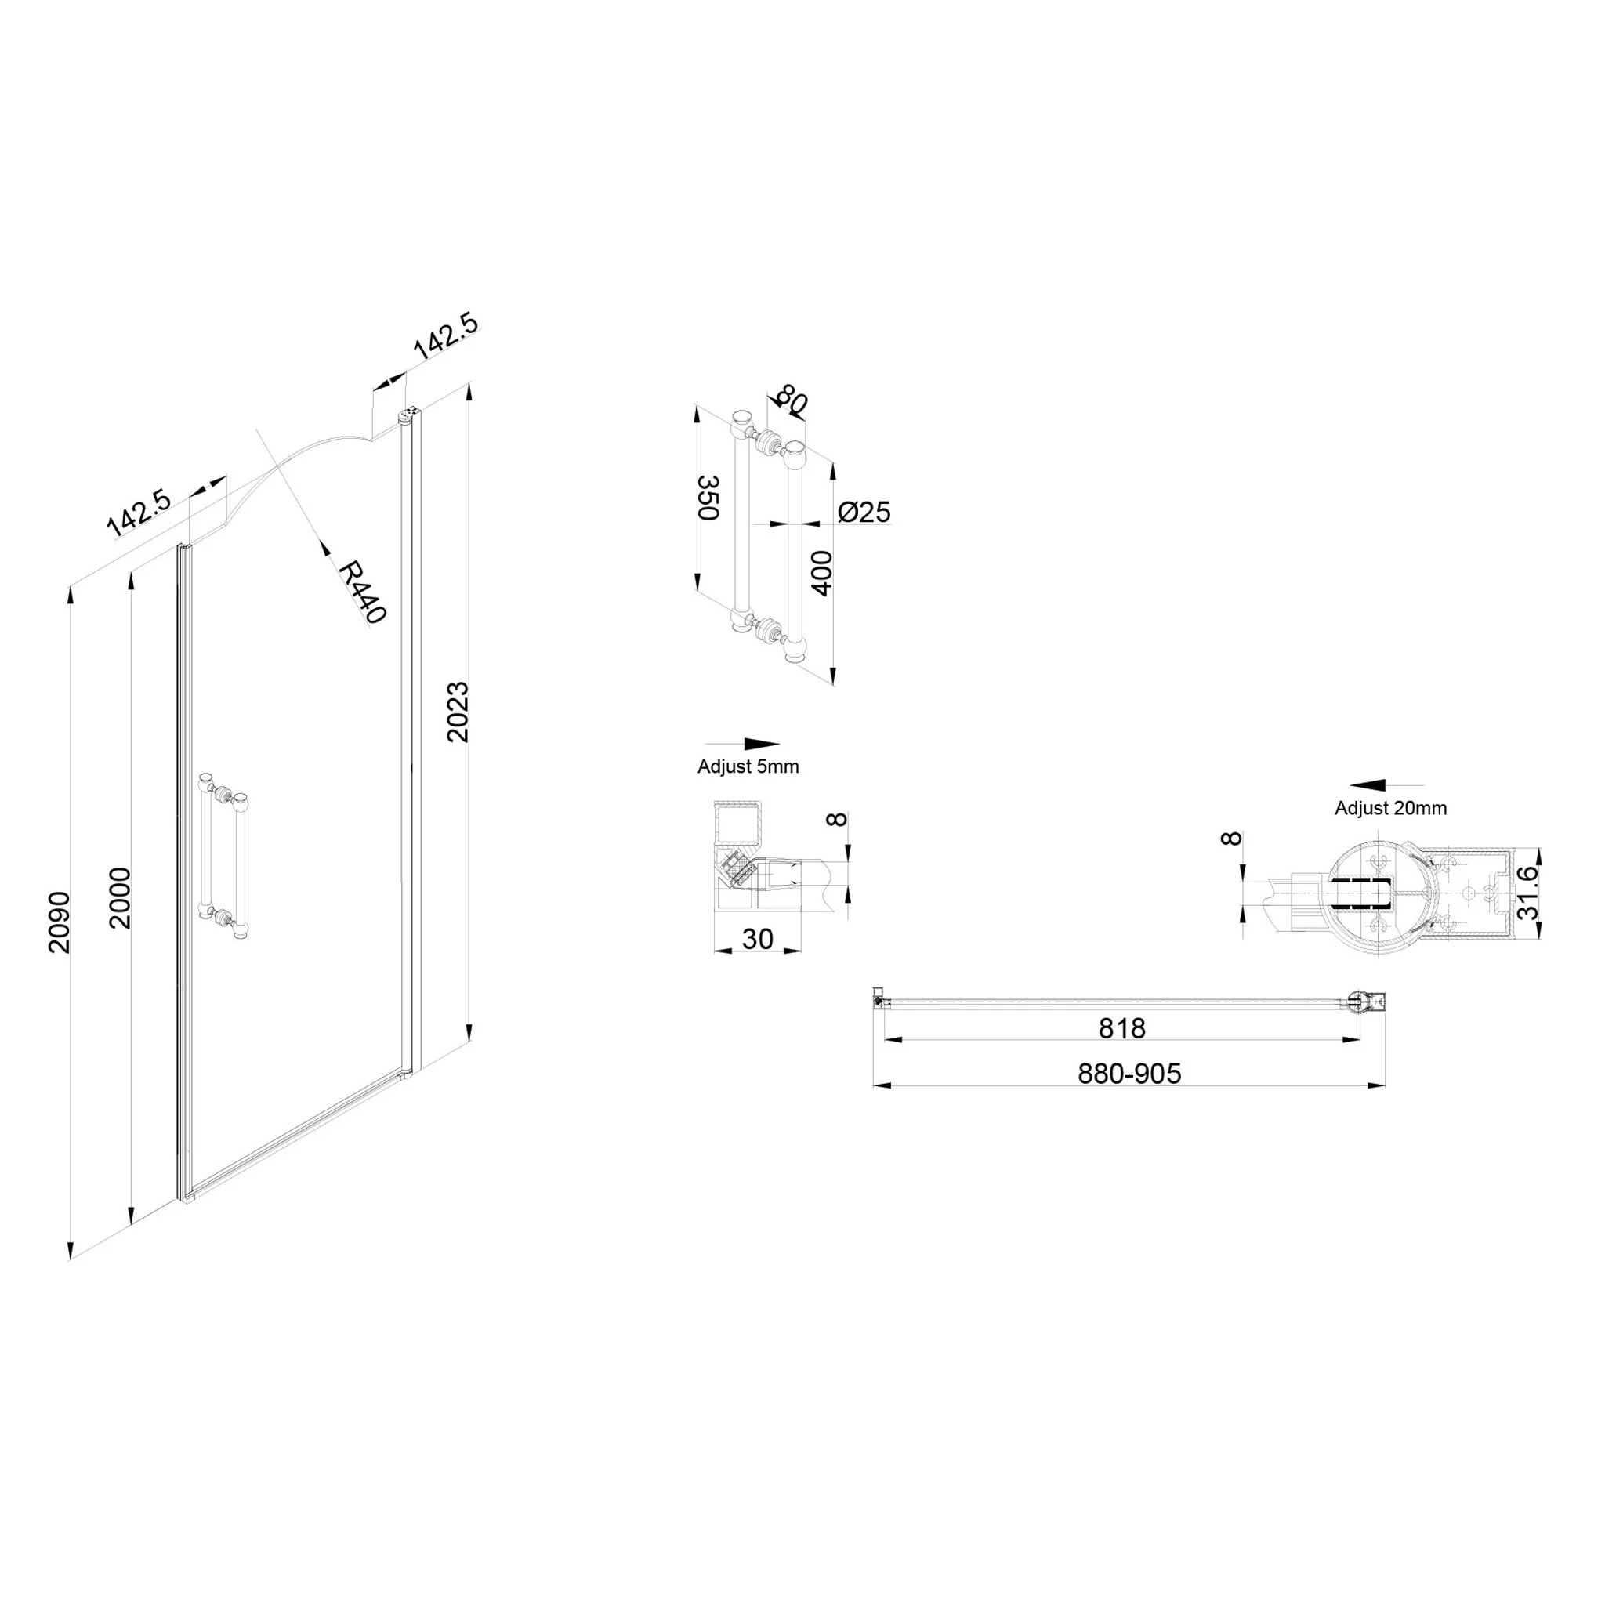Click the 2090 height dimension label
point(59,922)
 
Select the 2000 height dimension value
point(121,898)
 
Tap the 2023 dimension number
point(458,712)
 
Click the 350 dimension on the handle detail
point(707,498)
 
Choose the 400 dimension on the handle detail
point(821,573)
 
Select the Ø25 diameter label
point(864,512)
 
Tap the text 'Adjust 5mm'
point(748,766)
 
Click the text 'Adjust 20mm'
point(1391,808)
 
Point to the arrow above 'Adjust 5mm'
point(743,745)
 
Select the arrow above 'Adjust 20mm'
point(1386,785)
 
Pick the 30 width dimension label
point(757,939)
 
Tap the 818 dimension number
point(1121,1028)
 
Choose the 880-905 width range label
point(1129,1074)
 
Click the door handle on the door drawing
point(223,857)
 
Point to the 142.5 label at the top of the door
point(446,335)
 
